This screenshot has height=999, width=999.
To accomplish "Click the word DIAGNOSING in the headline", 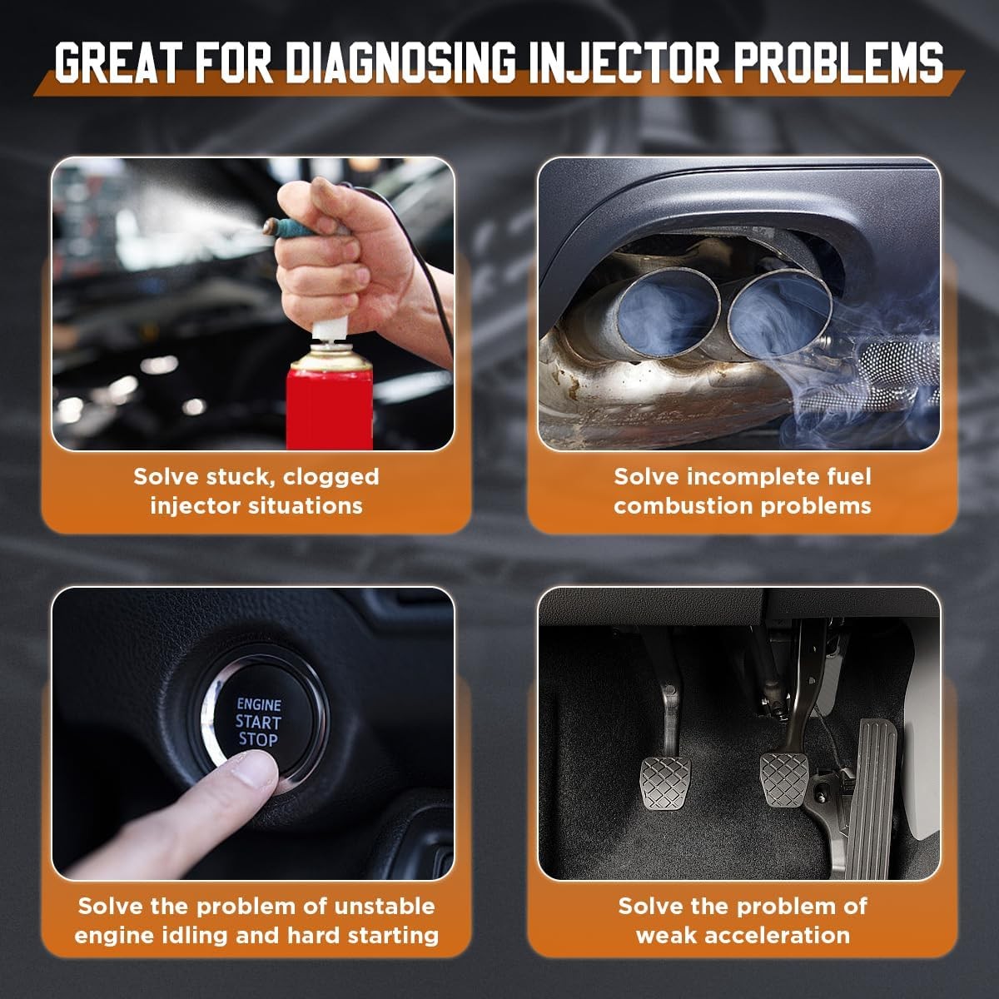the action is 400,63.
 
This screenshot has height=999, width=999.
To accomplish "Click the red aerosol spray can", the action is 330,398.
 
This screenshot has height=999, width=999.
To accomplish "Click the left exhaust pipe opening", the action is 668,313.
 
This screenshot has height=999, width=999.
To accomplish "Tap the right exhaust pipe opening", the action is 779,314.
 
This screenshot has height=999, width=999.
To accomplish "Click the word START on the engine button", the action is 258,722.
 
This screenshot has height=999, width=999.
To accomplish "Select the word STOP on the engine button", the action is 258,740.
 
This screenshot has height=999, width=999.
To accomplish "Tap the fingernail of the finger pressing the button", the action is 254,772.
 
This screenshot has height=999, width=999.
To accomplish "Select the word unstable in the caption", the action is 384,907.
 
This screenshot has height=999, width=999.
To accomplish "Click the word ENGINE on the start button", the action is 259,704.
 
